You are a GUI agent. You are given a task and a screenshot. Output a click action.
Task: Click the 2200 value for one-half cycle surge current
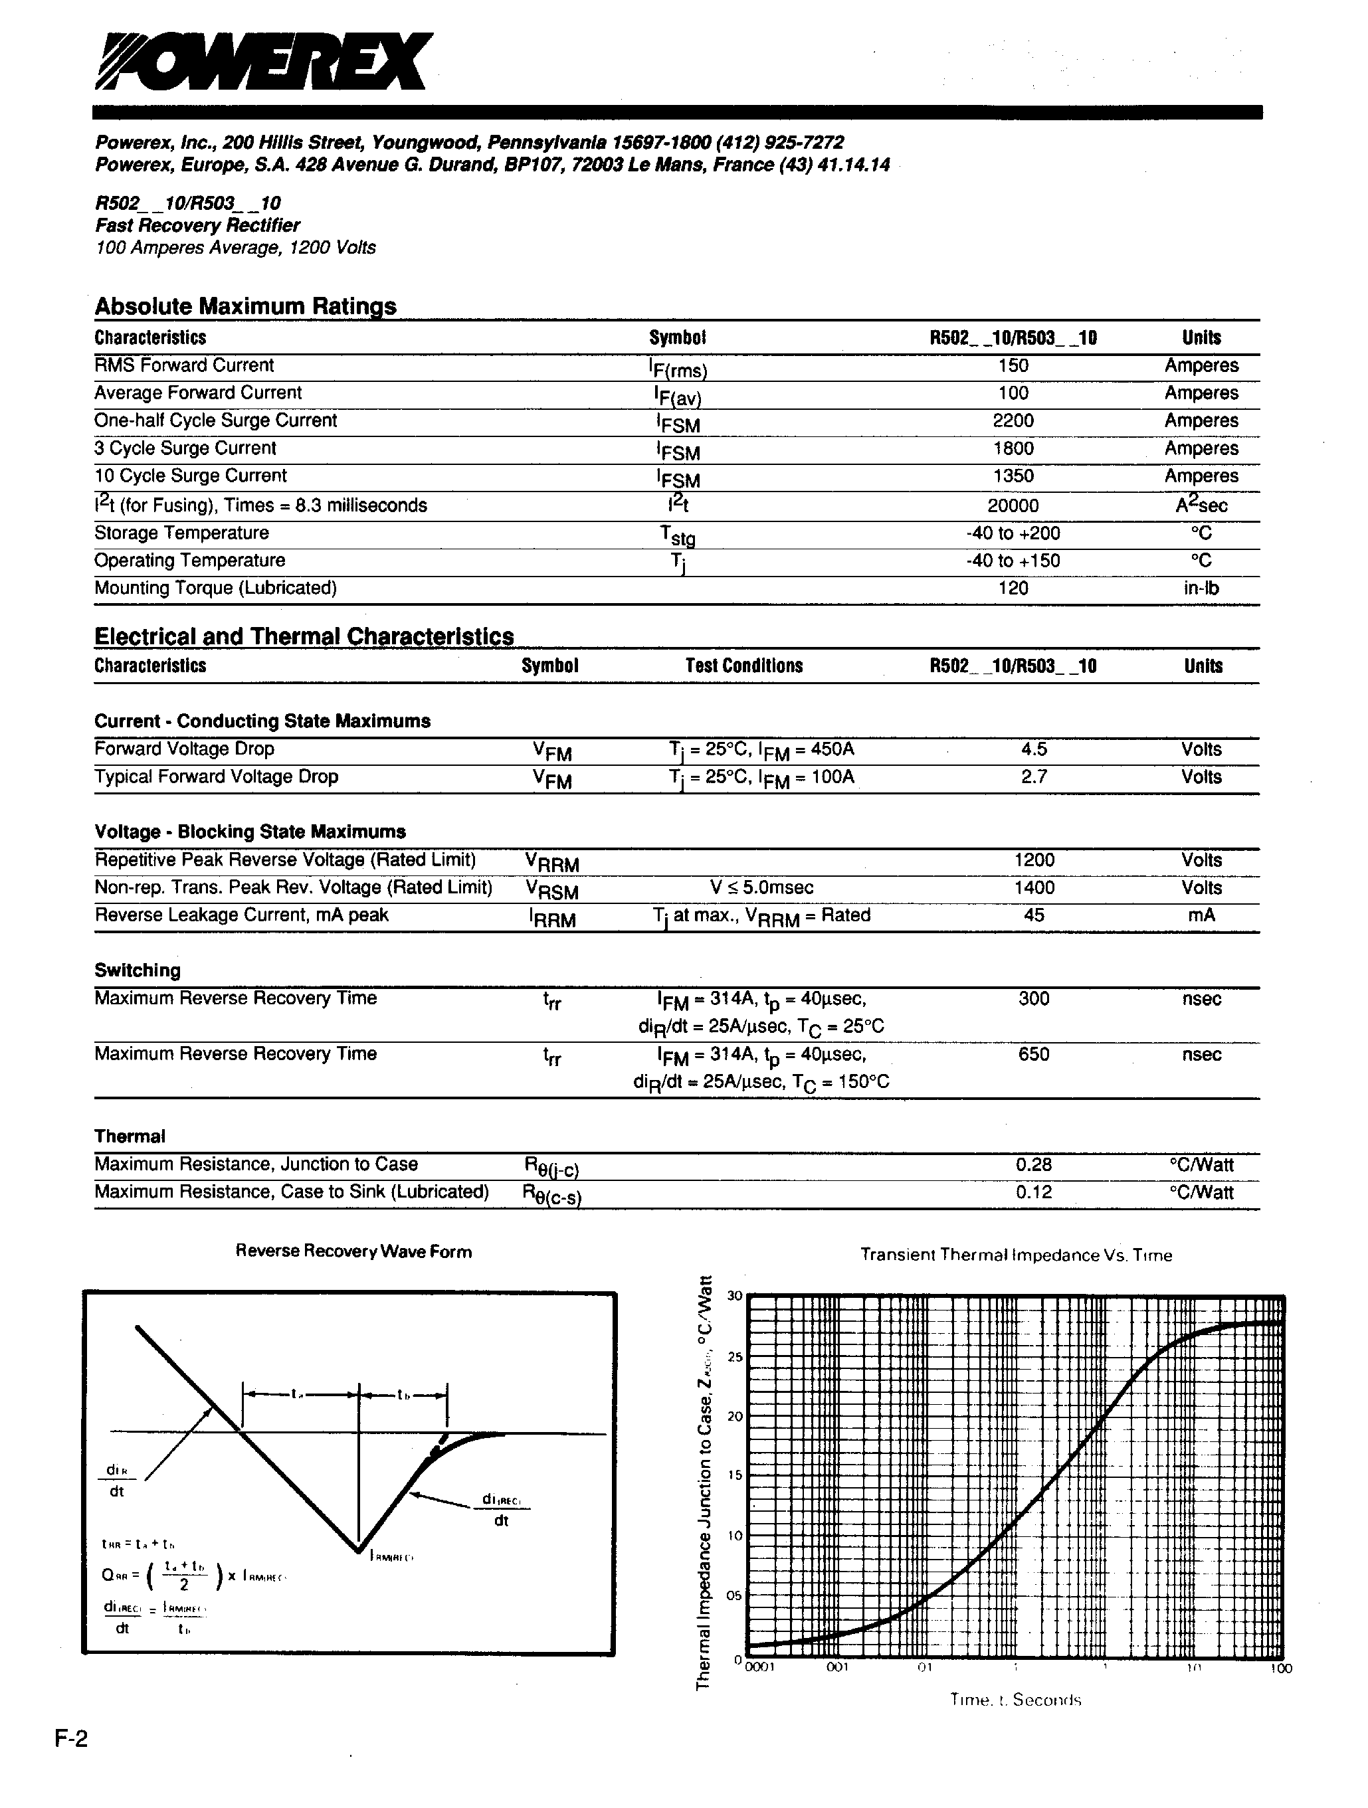1013,420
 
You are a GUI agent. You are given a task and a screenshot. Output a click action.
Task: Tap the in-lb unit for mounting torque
1201,588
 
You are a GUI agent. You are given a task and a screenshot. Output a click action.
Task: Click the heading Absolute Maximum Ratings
245,306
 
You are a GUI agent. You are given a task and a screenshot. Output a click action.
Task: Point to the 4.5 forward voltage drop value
1034,749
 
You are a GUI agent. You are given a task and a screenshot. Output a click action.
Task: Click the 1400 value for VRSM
1034,887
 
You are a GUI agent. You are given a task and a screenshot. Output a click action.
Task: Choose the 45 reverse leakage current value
1034,915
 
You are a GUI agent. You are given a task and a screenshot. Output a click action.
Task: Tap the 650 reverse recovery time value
1034,1053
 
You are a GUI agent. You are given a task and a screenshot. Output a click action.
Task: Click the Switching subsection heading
138,970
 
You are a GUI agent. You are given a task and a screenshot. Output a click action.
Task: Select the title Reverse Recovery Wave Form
353,1251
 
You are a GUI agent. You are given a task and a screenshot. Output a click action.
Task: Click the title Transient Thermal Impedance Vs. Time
1016,1255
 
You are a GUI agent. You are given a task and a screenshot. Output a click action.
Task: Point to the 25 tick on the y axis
734,1358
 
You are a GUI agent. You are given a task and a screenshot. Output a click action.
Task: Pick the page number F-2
71,1762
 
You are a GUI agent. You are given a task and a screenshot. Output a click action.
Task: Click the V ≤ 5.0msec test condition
761,887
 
